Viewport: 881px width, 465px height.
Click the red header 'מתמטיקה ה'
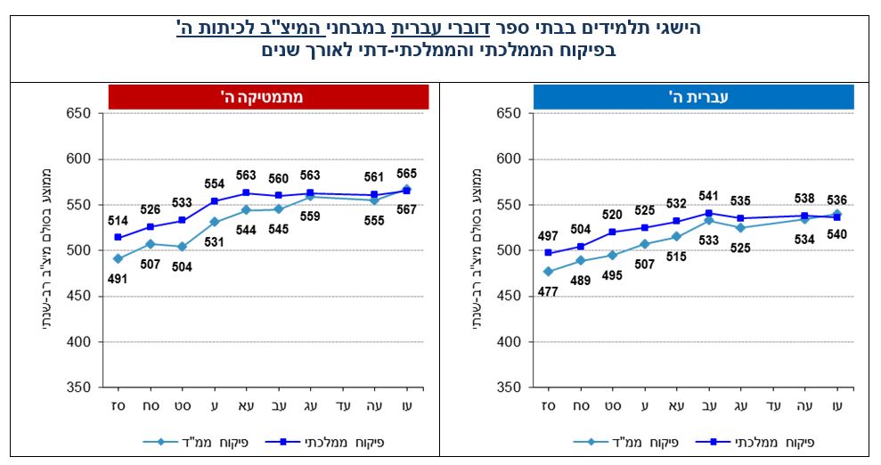coord(268,96)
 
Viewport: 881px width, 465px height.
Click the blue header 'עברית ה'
coord(693,96)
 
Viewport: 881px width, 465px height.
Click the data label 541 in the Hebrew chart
coord(708,196)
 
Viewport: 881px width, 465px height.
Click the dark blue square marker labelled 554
coord(215,201)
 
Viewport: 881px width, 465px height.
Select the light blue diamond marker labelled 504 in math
coord(182,247)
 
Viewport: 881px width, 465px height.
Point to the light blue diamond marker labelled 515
coord(676,237)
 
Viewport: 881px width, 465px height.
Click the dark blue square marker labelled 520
coord(612,232)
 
